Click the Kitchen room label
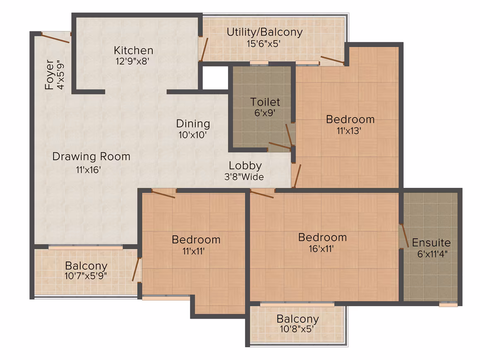(x=134, y=50)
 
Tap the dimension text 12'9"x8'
(x=132, y=61)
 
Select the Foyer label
(x=49, y=75)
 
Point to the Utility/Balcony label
(x=264, y=32)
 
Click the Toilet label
(x=265, y=102)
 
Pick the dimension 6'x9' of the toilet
(x=265, y=113)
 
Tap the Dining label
(x=193, y=124)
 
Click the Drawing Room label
(x=91, y=156)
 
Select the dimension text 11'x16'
(x=89, y=170)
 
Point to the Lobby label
(x=245, y=166)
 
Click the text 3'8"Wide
(x=244, y=177)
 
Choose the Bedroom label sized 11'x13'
(x=350, y=119)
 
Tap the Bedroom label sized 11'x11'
(x=196, y=240)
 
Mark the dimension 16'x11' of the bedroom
(x=321, y=249)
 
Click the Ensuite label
(x=431, y=242)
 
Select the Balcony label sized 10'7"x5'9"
(x=86, y=265)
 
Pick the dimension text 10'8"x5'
(x=297, y=329)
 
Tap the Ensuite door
(x=404, y=235)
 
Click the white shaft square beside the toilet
(x=216, y=78)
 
